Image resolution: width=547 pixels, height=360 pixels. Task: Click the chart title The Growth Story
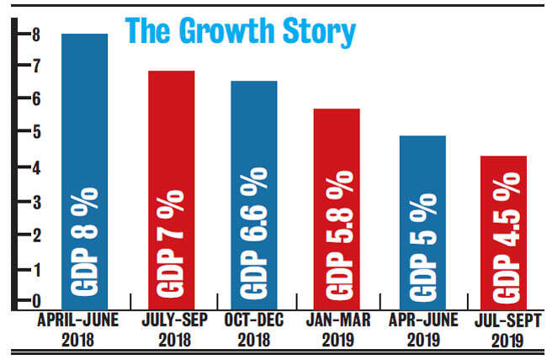tap(240, 31)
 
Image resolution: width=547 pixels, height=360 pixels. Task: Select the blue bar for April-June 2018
tap(84, 168)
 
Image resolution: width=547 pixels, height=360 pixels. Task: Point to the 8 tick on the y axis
tap(25, 34)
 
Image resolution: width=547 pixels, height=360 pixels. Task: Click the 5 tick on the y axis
tap(25, 134)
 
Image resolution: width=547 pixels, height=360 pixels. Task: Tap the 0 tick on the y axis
tap(25, 301)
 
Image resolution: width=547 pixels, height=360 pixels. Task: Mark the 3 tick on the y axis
tap(25, 202)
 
